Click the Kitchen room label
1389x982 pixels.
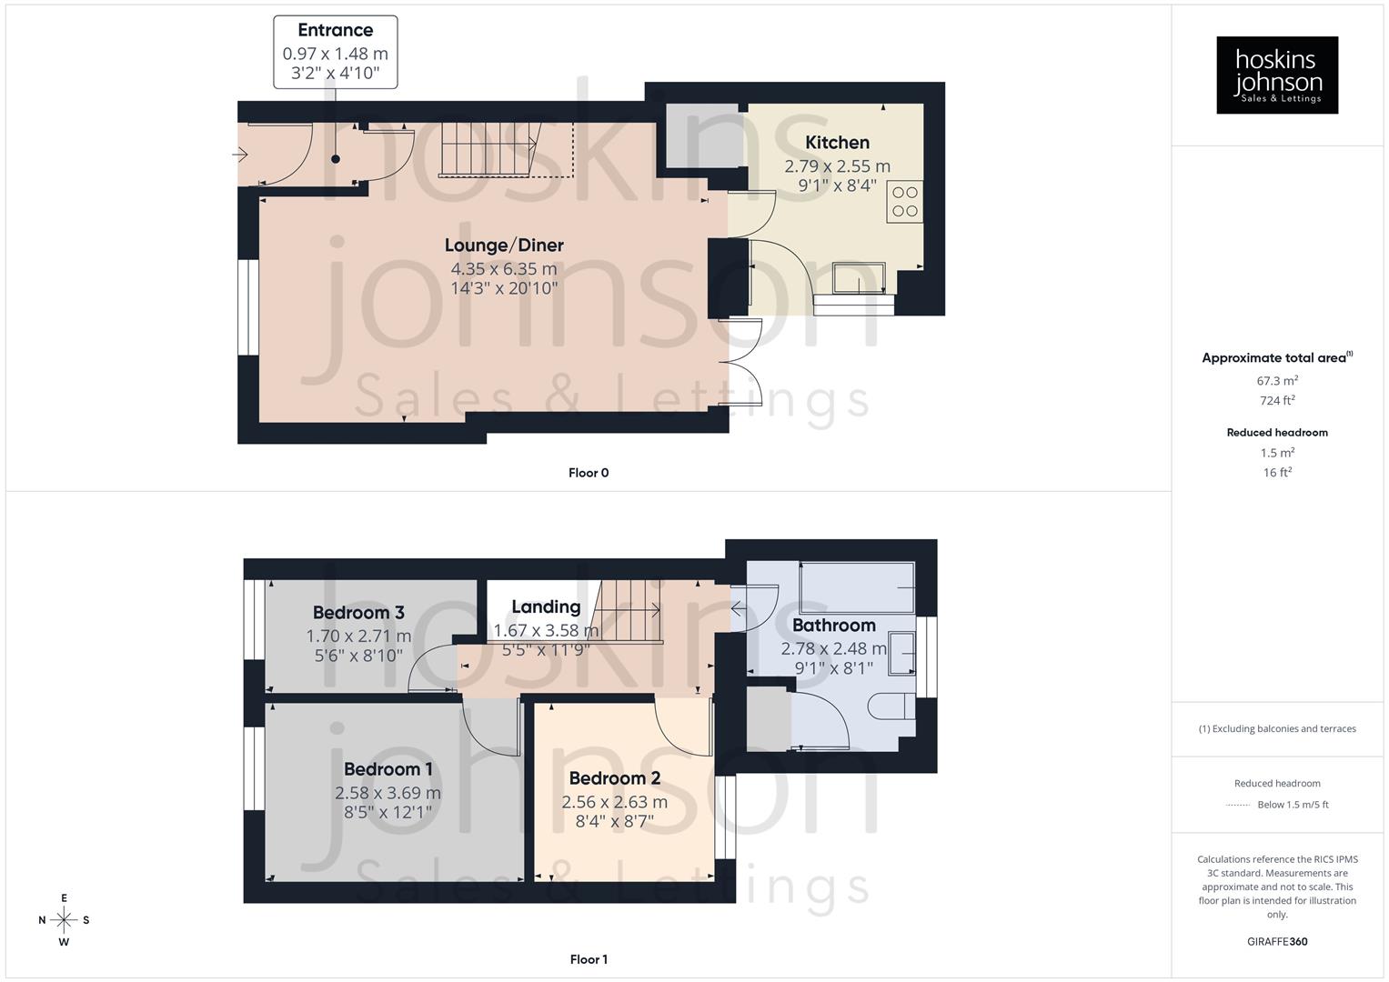[x=837, y=143]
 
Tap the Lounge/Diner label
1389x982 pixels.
[x=504, y=245]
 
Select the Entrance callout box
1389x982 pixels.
[x=336, y=52]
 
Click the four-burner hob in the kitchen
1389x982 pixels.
[x=905, y=202]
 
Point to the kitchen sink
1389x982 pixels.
[x=859, y=278]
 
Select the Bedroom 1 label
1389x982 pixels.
[x=388, y=769]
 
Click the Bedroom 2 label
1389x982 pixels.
[x=614, y=778]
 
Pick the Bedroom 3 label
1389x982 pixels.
[x=358, y=613]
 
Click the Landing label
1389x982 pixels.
[x=546, y=606]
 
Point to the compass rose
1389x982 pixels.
[x=64, y=920]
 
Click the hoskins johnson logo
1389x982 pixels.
[x=1277, y=75]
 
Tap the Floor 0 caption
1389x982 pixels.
[x=589, y=473]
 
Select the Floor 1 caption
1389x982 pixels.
[x=589, y=959]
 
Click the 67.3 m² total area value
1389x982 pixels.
[x=1277, y=381]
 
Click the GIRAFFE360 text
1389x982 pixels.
[x=1277, y=941]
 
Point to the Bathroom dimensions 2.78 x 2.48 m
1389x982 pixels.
[x=833, y=649]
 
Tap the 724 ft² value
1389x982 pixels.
[x=1277, y=401]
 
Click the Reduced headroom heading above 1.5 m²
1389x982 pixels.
[x=1277, y=433]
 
